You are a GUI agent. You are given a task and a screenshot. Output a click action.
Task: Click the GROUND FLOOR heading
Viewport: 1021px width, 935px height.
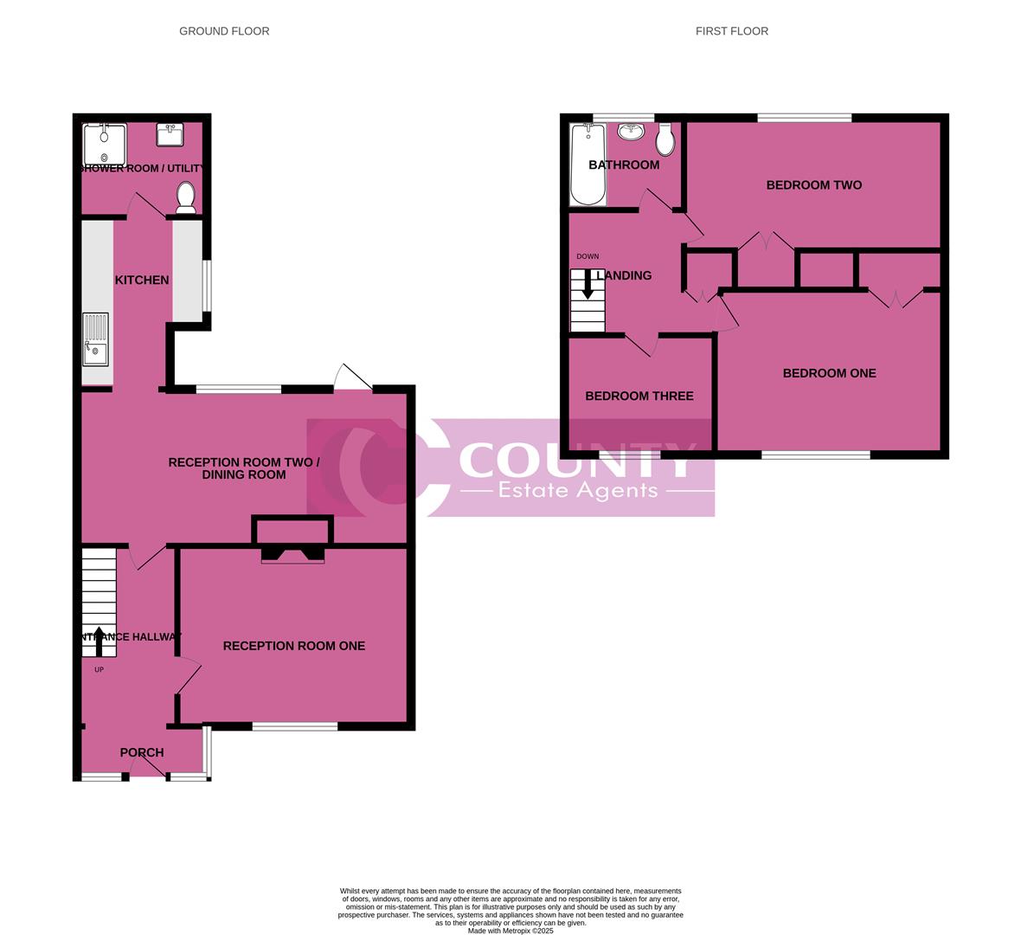pyautogui.click(x=224, y=31)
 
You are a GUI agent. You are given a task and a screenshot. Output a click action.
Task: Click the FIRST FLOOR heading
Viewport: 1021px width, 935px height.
pyautogui.click(x=731, y=31)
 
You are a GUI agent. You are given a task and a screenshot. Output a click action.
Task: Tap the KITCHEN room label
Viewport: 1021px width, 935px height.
pyautogui.click(x=142, y=280)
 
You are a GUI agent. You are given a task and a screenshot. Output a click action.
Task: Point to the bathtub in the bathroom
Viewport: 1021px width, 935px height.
pyautogui.click(x=588, y=164)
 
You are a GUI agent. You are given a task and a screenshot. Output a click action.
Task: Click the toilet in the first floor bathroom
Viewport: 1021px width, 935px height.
pyautogui.click(x=665, y=139)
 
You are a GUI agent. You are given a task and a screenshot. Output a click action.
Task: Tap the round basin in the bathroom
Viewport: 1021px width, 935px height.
pyautogui.click(x=632, y=132)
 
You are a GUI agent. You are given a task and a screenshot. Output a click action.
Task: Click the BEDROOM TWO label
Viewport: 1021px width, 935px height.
pyautogui.click(x=813, y=184)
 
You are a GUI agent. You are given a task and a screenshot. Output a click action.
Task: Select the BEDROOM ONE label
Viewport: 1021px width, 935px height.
pyautogui.click(x=829, y=373)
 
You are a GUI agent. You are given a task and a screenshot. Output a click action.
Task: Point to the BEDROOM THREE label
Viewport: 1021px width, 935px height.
pyautogui.click(x=639, y=396)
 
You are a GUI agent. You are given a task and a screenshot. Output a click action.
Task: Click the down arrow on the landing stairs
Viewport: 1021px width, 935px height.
pyautogui.click(x=588, y=286)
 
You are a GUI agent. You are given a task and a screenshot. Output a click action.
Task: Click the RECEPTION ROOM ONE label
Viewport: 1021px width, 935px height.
pyautogui.click(x=294, y=646)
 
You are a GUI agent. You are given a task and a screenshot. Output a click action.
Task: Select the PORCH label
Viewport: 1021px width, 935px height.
pyautogui.click(x=142, y=752)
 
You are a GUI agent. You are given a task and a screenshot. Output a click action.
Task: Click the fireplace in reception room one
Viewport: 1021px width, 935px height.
pyautogui.click(x=292, y=554)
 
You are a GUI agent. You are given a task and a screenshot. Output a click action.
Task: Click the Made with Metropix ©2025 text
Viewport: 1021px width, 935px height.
pyautogui.click(x=510, y=931)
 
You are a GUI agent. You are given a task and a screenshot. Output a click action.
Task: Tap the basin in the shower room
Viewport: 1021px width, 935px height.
pyautogui.click(x=170, y=135)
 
